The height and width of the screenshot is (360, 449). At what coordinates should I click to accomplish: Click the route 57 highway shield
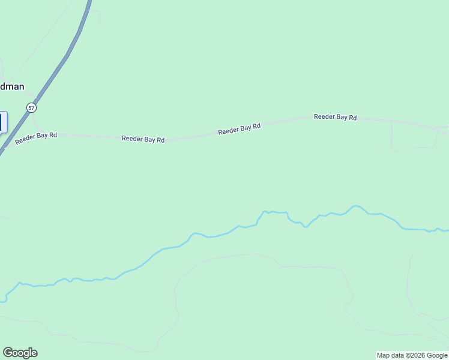click(x=32, y=107)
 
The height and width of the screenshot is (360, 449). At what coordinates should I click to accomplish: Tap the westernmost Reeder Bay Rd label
click(x=36, y=137)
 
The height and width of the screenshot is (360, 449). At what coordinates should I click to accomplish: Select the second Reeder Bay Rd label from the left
click(x=143, y=139)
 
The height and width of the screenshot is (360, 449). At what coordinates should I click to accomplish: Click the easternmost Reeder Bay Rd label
click(x=335, y=117)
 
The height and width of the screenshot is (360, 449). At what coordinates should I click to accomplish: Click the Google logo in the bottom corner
click(x=20, y=353)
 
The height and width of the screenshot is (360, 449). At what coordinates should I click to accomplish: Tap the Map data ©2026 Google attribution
click(x=412, y=355)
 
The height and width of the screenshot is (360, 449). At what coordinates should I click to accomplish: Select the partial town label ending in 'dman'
click(x=12, y=86)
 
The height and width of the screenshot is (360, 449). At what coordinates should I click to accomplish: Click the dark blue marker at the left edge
click(x=2, y=122)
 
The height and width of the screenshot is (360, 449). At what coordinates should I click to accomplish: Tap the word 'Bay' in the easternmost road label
click(x=341, y=117)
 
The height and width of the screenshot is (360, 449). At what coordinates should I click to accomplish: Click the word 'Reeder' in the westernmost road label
click(x=26, y=139)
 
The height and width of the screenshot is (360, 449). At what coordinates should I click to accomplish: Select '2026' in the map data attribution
click(x=415, y=355)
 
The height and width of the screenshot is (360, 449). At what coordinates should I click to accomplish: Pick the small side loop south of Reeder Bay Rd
click(x=414, y=147)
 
